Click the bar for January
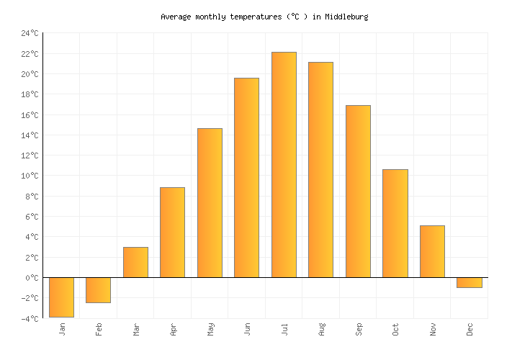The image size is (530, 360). pyautogui.click(x=61, y=297)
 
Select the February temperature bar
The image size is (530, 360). pyautogui.click(x=98, y=289)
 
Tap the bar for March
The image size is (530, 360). pyautogui.click(x=135, y=262)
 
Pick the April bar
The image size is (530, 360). pyautogui.click(x=172, y=232)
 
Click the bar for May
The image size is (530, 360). pyautogui.click(x=210, y=202)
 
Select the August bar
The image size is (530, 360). pyautogui.click(x=320, y=169)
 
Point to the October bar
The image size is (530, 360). pyautogui.click(x=395, y=223)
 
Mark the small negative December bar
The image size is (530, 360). pyautogui.click(x=469, y=282)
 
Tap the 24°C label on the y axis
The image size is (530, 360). pyautogui.click(x=30, y=33)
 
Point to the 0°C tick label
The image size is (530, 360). pyautogui.click(x=32, y=278)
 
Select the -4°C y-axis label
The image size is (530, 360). pyautogui.click(x=30, y=318)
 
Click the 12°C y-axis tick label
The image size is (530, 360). pyautogui.click(x=30, y=156)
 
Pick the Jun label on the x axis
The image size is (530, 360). pyautogui.click(x=247, y=329)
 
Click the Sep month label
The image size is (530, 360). pyautogui.click(x=358, y=329)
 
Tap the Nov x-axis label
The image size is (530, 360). pyautogui.click(x=432, y=329)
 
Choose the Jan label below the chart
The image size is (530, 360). pyautogui.click(x=62, y=329)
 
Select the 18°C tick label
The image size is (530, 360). pyautogui.click(x=30, y=94)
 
